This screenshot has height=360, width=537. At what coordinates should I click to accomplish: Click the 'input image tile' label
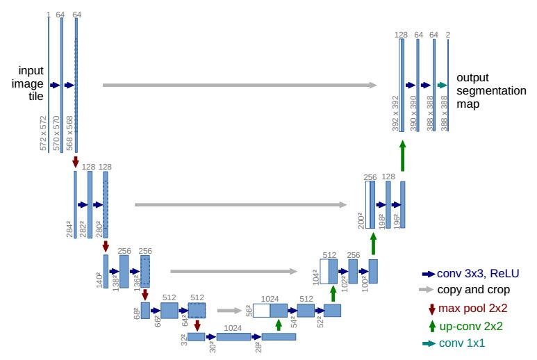31,84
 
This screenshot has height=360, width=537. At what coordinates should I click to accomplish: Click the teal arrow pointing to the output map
441,85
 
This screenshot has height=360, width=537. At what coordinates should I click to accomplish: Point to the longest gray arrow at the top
240,85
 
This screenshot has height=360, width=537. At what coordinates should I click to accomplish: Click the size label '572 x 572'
43,133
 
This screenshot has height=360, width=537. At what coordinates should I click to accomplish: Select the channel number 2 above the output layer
448,33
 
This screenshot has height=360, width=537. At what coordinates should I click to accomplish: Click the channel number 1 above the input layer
48,15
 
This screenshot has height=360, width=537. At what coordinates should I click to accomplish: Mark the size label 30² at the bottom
213,347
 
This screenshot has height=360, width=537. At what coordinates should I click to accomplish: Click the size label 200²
361,220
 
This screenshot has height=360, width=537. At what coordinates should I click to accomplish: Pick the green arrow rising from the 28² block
279,325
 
